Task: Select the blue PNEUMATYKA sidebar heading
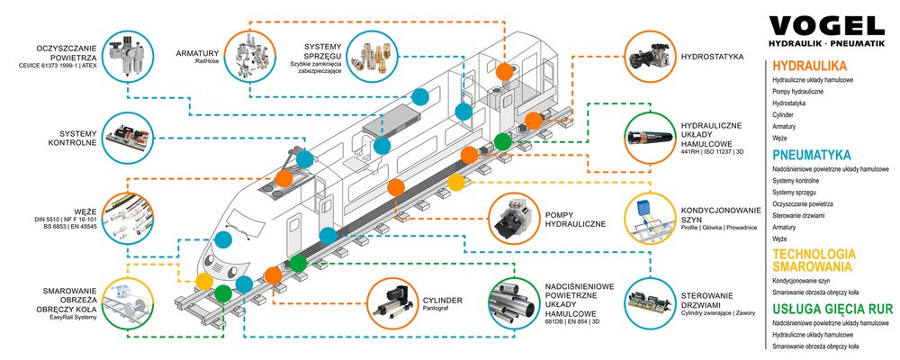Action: [x=812, y=154]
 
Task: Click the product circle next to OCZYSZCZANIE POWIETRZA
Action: [x=130, y=55]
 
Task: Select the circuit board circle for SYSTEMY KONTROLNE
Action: [x=130, y=137]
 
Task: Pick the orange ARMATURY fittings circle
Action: [x=250, y=55]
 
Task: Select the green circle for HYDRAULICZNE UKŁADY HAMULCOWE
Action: [x=652, y=137]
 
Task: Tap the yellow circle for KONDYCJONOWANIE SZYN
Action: [x=652, y=215]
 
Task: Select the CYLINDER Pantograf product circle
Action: [x=395, y=302]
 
